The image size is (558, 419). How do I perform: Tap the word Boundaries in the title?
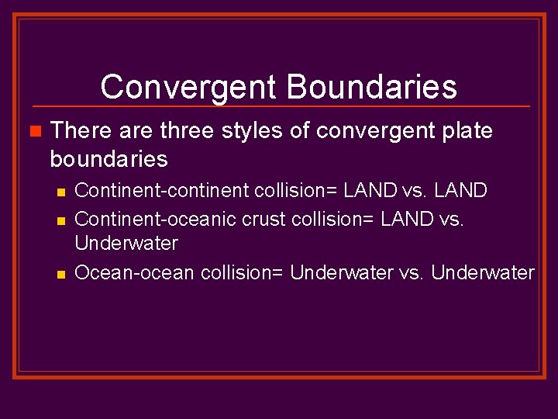click(372, 87)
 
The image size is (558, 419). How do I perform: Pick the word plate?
click(464, 131)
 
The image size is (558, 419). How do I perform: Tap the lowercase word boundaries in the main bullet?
click(108, 159)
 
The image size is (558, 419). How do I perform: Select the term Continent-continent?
click(156, 190)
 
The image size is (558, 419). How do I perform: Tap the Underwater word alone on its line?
click(126, 244)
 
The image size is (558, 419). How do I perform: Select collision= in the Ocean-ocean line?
click(243, 272)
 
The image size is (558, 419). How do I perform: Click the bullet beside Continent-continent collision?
click(62, 191)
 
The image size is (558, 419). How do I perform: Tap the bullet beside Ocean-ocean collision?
click(62, 273)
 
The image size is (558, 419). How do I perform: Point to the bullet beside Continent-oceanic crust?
click(62, 220)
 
